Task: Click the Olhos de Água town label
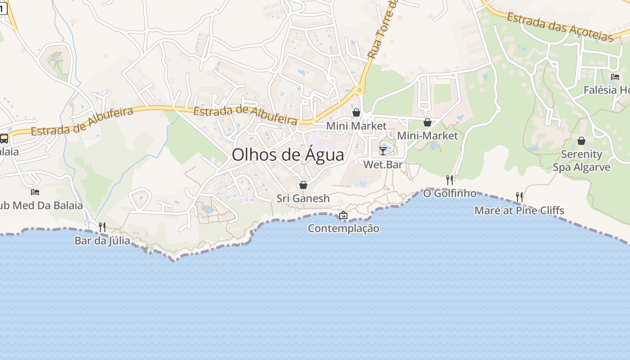(x=288, y=155)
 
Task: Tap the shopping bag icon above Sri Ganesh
(x=303, y=185)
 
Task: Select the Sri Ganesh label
(x=303, y=198)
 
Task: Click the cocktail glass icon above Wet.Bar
(x=383, y=151)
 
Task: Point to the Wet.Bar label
(x=383, y=165)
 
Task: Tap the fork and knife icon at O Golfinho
(x=450, y=180)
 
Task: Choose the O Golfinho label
(x=450, y=193)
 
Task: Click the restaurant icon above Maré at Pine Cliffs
(x=519, y=197)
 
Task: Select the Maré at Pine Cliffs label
(x=519, y=211)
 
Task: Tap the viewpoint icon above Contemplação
(x=343, y=215)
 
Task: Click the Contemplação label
(x=343, y=229)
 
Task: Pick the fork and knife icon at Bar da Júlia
(x=102, y=227)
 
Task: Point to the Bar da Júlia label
(x=102, y=241)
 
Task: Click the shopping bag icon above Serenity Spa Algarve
(x=581, y=141)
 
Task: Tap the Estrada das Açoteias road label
(x=560, y=27)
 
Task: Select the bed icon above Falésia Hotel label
(x=615, y=77)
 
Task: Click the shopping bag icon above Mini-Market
(x=427, y=122)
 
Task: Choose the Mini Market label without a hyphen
(x=356, y=126)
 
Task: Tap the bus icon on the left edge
(x=4, y=139)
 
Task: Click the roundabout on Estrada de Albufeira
(x=359, y=90)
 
